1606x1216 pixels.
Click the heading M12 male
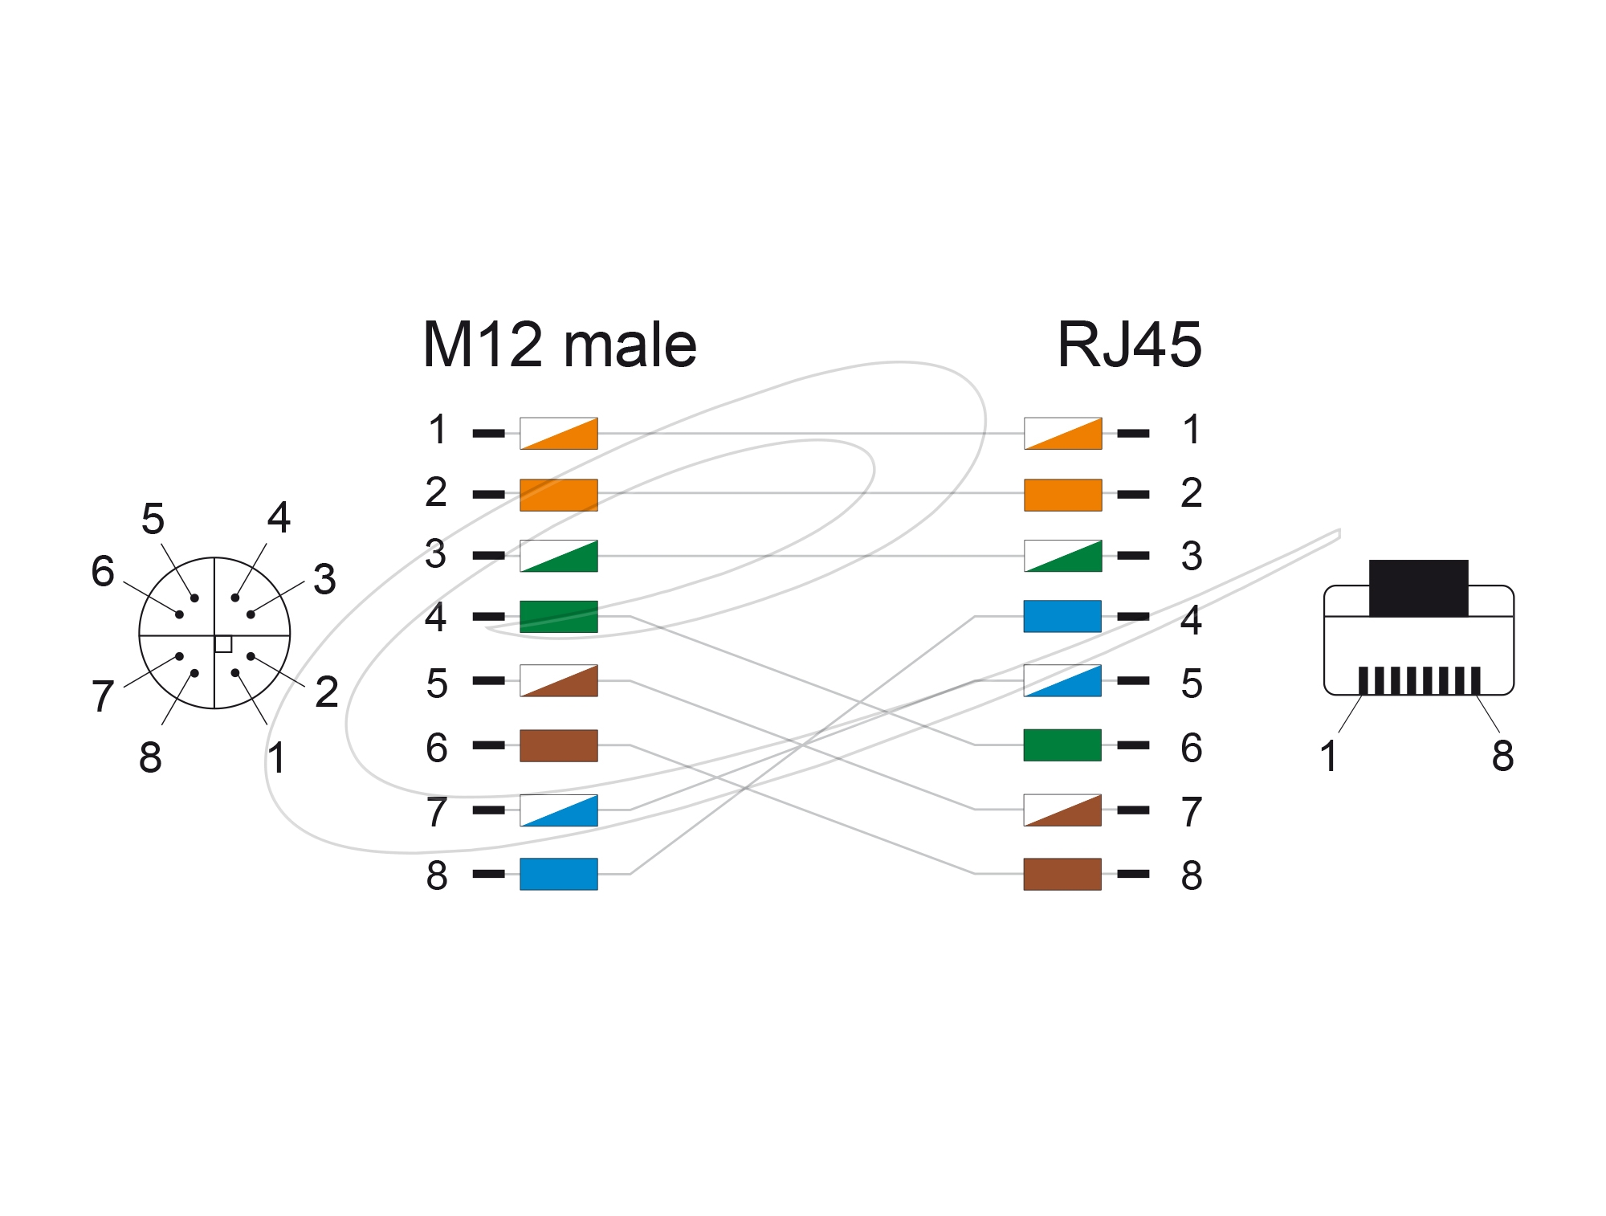tap(560, 345)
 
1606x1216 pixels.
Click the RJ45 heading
tap(1130, 345)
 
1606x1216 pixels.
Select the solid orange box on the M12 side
tap(559, 495)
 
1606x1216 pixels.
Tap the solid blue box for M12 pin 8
tap(559, 874)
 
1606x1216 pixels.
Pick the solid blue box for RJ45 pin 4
tap(1062, 616)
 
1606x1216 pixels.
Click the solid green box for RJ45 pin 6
tap(1062, 745)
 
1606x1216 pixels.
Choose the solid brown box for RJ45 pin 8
tap(1062, 874)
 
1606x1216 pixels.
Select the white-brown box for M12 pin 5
tap(559, 680)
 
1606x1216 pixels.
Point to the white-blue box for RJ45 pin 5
tap(1062, 680)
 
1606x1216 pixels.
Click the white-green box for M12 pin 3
tap(559, 556)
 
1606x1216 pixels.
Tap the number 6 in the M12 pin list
tap(437, 748)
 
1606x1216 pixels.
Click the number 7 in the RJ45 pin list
tap(1192, 812)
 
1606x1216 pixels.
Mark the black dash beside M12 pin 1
tap(489, 434)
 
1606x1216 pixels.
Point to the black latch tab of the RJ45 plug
tap(1419, 588)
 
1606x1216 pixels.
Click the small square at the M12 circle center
tap(223, 643)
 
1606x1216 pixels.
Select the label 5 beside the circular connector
tap(153, 519)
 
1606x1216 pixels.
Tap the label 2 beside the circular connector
tap(327, 692)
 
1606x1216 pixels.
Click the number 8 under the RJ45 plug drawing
tap(1503, 756)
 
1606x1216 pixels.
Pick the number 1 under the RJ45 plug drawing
tap(1329, 756)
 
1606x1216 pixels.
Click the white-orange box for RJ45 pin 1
tap(1062, 434)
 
